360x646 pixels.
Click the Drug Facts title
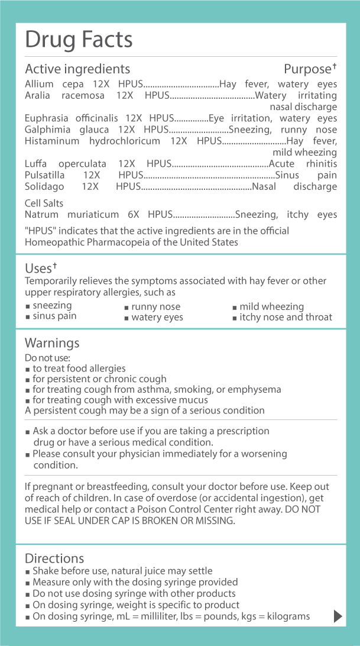click(x=79, y=40)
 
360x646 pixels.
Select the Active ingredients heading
click(x=77, y=69)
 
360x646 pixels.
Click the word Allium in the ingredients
click(x=39, y=85)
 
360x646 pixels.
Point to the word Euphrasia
click(x=46, y=118)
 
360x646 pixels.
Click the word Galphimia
click(x=47, y=130)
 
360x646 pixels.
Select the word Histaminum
click(x=50, y=141)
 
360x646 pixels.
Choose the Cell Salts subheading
click(x=44, y=204)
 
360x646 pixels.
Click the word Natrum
click(x=41, y=215)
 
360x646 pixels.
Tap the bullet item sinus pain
click(x=54, y=316)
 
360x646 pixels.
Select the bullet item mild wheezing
click(x=271, y=306)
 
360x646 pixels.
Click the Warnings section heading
click(x=52, y=343)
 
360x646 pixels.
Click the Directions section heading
click(x=54, y=558)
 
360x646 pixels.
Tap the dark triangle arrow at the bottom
click(x=338, y=616)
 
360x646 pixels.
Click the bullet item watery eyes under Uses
click(x=157, y=318)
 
